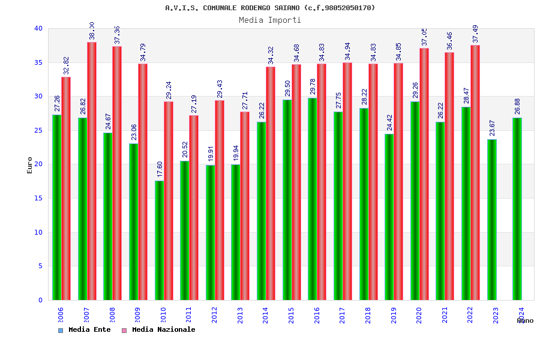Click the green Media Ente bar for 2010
159,240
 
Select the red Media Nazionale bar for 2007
92,171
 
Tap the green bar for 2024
517,209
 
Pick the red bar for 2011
194,207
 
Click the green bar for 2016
313,199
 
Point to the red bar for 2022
475,172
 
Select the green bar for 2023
491,220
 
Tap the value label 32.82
67,66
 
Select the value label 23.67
492,128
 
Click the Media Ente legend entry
85,329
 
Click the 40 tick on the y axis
38,28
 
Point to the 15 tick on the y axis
38,198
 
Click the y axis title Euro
30,165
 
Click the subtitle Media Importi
270,20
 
